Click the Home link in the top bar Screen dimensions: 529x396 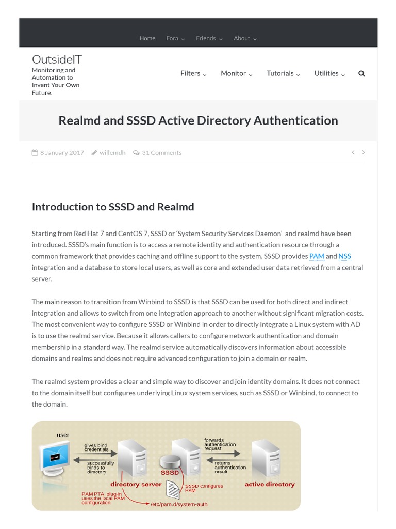tap(147, 38)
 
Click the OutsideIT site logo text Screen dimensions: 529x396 tap(57, 59)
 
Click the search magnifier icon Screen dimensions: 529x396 tap(361, 73)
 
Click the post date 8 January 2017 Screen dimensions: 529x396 tap(62, 153)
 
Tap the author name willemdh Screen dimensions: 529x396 tap(112, 153)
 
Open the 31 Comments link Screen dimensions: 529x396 tap(161, 153)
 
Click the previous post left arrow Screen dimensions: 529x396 tap(353, 152)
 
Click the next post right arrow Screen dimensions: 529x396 tap(364, 152)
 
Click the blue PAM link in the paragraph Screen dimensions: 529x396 tap(317, 256)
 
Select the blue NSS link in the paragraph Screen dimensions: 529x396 tap(344, 256)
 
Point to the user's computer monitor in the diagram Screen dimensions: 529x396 tap(55, 456)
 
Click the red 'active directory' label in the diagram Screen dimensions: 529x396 tap(270, 484)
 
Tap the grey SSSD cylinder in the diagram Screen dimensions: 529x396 tap(170, 462)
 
